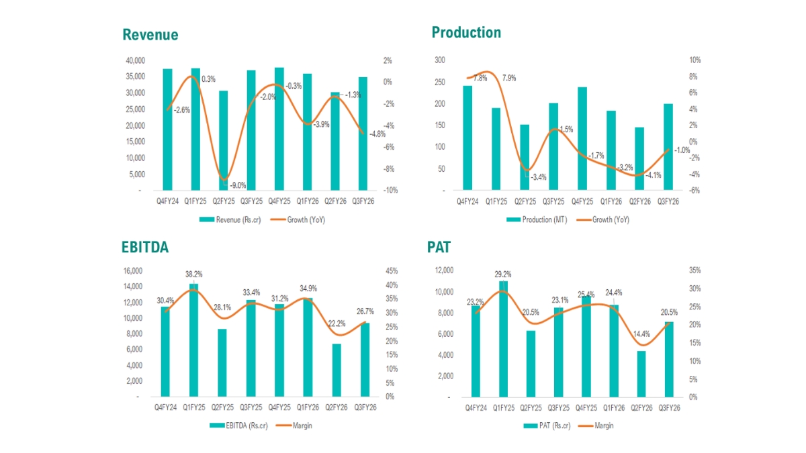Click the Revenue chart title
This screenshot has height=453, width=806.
tap(150, 35)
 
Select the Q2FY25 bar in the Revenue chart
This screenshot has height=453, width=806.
tap(224, 140)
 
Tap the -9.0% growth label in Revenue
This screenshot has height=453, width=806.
tap(238, 185)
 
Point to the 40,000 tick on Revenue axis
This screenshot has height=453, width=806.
tap(135, 60)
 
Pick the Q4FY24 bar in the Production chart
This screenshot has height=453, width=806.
tap(467, 138)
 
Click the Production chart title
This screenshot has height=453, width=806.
tap(466, 32)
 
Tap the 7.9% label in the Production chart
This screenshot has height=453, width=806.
tap(508, 79)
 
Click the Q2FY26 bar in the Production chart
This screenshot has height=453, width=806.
tap(639, 159)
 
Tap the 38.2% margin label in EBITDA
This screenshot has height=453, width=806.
tap(193, 274)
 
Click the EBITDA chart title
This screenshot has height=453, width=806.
tap(145, 246)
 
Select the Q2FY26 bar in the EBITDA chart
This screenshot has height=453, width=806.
tap(337, 370)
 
